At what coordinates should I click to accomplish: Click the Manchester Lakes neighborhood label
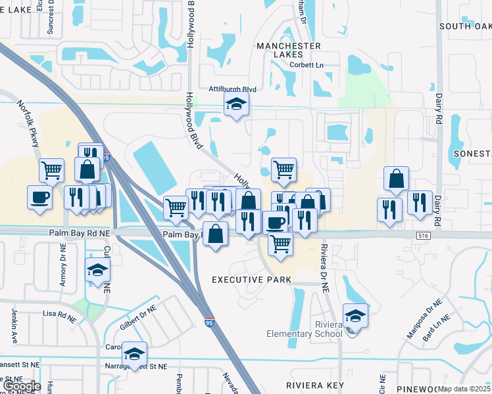click(289, 51)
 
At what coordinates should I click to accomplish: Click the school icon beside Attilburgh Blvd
click(236, 104)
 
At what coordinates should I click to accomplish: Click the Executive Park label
click(251, 280)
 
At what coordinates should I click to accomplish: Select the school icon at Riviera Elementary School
click(355, 316)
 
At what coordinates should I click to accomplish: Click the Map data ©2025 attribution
click(464, 389)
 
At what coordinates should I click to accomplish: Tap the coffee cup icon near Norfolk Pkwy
click(39, 196)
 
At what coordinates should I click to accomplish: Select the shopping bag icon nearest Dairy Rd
click(396, 179)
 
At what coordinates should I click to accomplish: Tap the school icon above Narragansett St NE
click(135, 354)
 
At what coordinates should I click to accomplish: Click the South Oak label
click(465, 26)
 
